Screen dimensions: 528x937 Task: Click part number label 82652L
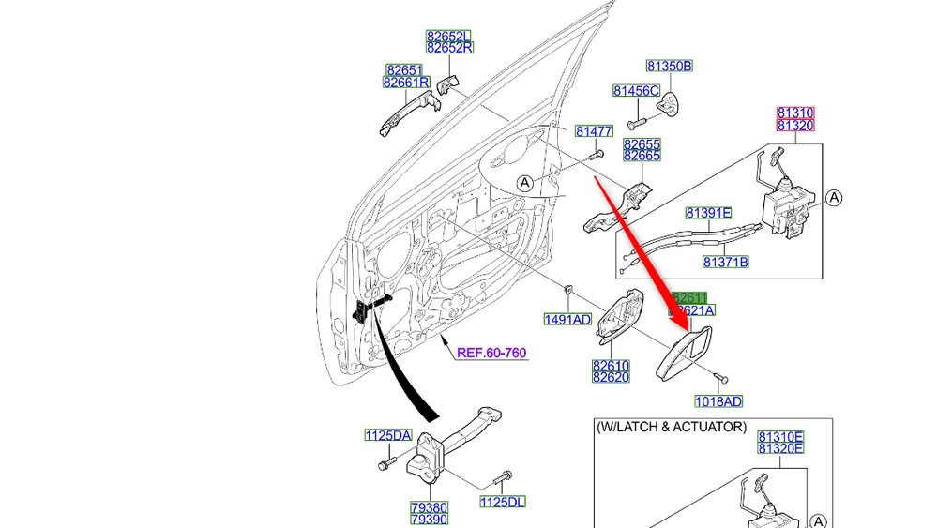tap(448, 36)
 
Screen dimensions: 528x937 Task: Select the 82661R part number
tap(406, 83)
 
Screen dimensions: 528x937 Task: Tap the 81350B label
tap(669, 66)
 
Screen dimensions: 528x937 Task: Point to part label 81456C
tap(636, 90)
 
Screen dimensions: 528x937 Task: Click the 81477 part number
tap(594, 132)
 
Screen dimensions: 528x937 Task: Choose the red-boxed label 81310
tap(795, 113)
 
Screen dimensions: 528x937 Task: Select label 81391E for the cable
tap(708, 213)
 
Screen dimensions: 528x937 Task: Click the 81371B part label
tap(725, 263)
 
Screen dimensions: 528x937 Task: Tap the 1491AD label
tap(567, 320)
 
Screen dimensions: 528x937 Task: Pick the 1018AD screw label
tap(718, 401)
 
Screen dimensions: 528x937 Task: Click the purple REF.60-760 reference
tap(491, 354)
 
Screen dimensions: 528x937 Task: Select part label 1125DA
tap(388, 435)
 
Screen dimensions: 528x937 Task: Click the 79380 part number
tap(429, 507)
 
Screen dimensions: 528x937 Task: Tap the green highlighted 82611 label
tap(691, 297)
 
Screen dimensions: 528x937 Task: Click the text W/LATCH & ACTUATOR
tap(672, 427)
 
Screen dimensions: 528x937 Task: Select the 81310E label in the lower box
tap(781, 436)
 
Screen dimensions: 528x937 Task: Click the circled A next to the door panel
tap(524, 183)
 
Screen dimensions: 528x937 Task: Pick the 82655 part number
tap(642, 144)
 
